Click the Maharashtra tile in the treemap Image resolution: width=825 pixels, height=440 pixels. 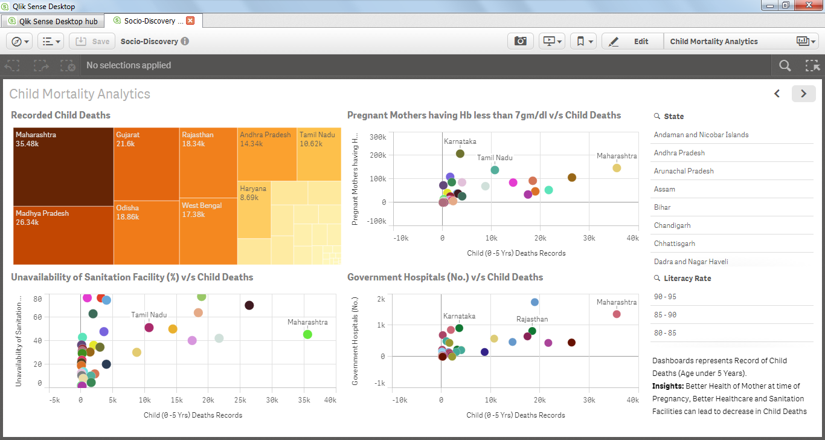pos(63,166)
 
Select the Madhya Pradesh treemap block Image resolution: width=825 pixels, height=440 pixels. pos(63,235)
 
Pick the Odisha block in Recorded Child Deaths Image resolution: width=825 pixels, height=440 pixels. pos(146,232)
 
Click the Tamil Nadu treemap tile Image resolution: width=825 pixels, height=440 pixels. pos(319,154)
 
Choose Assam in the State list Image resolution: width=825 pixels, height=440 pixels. pos(664,189)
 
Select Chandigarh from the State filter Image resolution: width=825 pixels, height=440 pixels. pos(672,225)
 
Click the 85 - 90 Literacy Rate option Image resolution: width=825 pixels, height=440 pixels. pos(665,315)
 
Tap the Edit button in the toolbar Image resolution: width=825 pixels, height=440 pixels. pos(632,42)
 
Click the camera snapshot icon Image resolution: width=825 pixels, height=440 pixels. pos(520,41)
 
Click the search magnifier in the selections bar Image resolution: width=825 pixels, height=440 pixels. pos(785,65)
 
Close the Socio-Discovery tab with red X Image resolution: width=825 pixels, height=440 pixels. pos(190,21)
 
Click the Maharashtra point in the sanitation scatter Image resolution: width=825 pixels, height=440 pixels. pos(307,334)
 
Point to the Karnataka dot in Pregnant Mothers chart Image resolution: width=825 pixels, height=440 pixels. pos(460,154)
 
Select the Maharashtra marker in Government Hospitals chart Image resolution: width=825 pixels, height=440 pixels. pos(617,314)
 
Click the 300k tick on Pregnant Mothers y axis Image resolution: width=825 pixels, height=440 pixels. pos(377,137)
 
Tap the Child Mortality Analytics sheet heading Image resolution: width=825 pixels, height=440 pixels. pos(80,94)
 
